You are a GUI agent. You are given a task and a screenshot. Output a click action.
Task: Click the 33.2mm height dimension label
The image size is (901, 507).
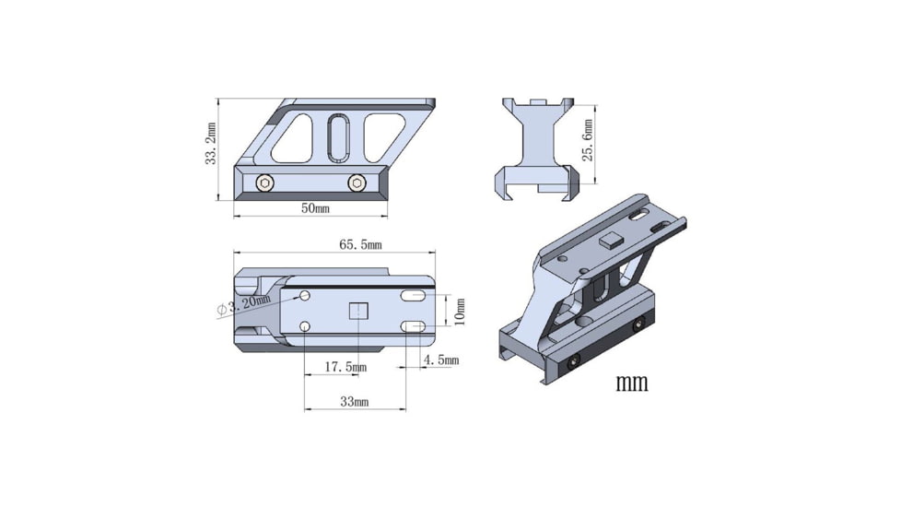(211, 145)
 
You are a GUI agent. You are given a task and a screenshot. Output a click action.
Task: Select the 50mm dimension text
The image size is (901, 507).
(314, 208)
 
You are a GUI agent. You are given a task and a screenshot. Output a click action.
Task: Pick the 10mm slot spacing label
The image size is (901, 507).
(461, 311)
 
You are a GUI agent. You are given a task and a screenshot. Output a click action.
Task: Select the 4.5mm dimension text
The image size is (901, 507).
(439, 360)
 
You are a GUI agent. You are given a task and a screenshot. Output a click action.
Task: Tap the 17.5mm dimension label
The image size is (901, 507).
(345, 367)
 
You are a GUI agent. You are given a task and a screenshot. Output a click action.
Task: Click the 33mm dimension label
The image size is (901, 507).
(354, 402)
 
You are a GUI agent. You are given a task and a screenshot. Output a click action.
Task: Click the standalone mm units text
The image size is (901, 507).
(631, 382)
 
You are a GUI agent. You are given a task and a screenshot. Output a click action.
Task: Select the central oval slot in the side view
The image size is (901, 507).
(338, 137)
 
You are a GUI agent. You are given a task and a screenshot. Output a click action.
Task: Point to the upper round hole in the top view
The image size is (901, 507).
(305, 297)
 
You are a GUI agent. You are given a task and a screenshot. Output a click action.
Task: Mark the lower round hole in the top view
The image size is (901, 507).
(305, 325)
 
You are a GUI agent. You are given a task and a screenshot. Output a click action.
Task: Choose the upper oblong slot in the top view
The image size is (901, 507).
(413, 296)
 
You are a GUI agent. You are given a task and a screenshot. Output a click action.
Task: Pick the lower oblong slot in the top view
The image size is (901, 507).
(413, 326)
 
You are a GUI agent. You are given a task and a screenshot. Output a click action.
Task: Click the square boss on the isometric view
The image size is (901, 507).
(609, 242)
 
